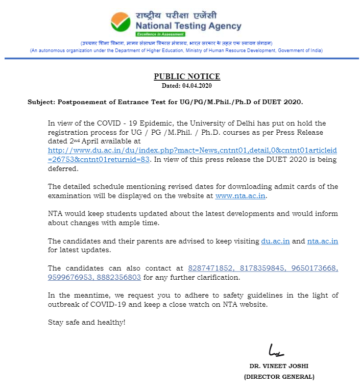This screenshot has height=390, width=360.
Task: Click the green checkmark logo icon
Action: pos(121,21)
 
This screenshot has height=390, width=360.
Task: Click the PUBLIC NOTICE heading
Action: pos(187,77)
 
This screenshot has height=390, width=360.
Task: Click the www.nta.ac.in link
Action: pos(241,196)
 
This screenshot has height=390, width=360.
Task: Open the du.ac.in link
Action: pos(275,241)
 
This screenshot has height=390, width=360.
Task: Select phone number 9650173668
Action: pos(312,268)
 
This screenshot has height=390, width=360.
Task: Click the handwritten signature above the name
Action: pos(276,351)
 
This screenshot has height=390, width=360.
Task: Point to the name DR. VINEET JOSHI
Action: pos(279,366)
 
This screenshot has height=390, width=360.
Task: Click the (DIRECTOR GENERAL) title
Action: pos(279,377)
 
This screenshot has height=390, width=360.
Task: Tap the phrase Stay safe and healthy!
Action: pos(86,322)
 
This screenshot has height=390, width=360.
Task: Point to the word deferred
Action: pos(62,168)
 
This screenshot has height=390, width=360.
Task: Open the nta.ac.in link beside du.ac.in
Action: pos(323,241)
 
